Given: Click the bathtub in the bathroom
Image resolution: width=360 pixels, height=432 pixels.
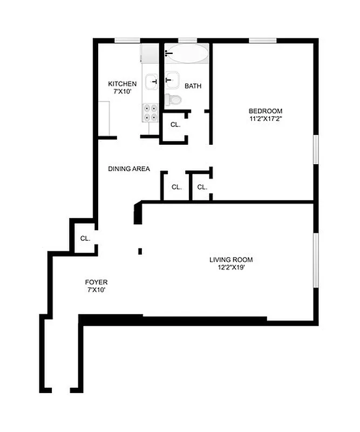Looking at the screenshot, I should tap(187, 54).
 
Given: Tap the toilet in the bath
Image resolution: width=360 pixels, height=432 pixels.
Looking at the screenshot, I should tap(173, 99).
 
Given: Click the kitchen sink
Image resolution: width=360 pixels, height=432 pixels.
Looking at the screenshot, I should tap(151, 81).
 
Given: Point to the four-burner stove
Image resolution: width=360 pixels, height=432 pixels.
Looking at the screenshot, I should tap(150, 112).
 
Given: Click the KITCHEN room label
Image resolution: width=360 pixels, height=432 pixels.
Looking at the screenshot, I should tap(123, 84).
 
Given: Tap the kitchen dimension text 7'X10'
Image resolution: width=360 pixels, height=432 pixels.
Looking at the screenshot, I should tap(123, 92).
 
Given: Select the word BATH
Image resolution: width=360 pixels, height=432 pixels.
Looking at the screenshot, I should tap(193, 86).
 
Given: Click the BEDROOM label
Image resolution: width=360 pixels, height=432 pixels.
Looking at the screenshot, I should tap(266, 111).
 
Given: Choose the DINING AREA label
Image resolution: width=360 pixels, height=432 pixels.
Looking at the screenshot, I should tap(128, 169).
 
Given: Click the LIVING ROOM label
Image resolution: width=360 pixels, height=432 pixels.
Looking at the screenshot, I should tap(230, 259).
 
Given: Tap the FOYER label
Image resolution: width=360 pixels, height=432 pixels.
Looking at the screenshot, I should tap(96, 282).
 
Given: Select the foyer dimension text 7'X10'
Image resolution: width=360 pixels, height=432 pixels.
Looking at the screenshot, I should tap(96, 290).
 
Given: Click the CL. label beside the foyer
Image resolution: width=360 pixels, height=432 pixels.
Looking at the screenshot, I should tap(85, 238).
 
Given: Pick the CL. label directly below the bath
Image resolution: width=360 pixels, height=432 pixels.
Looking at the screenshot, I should tap(175, 125).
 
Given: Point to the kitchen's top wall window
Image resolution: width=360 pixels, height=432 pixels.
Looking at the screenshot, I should tap(127, 39).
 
